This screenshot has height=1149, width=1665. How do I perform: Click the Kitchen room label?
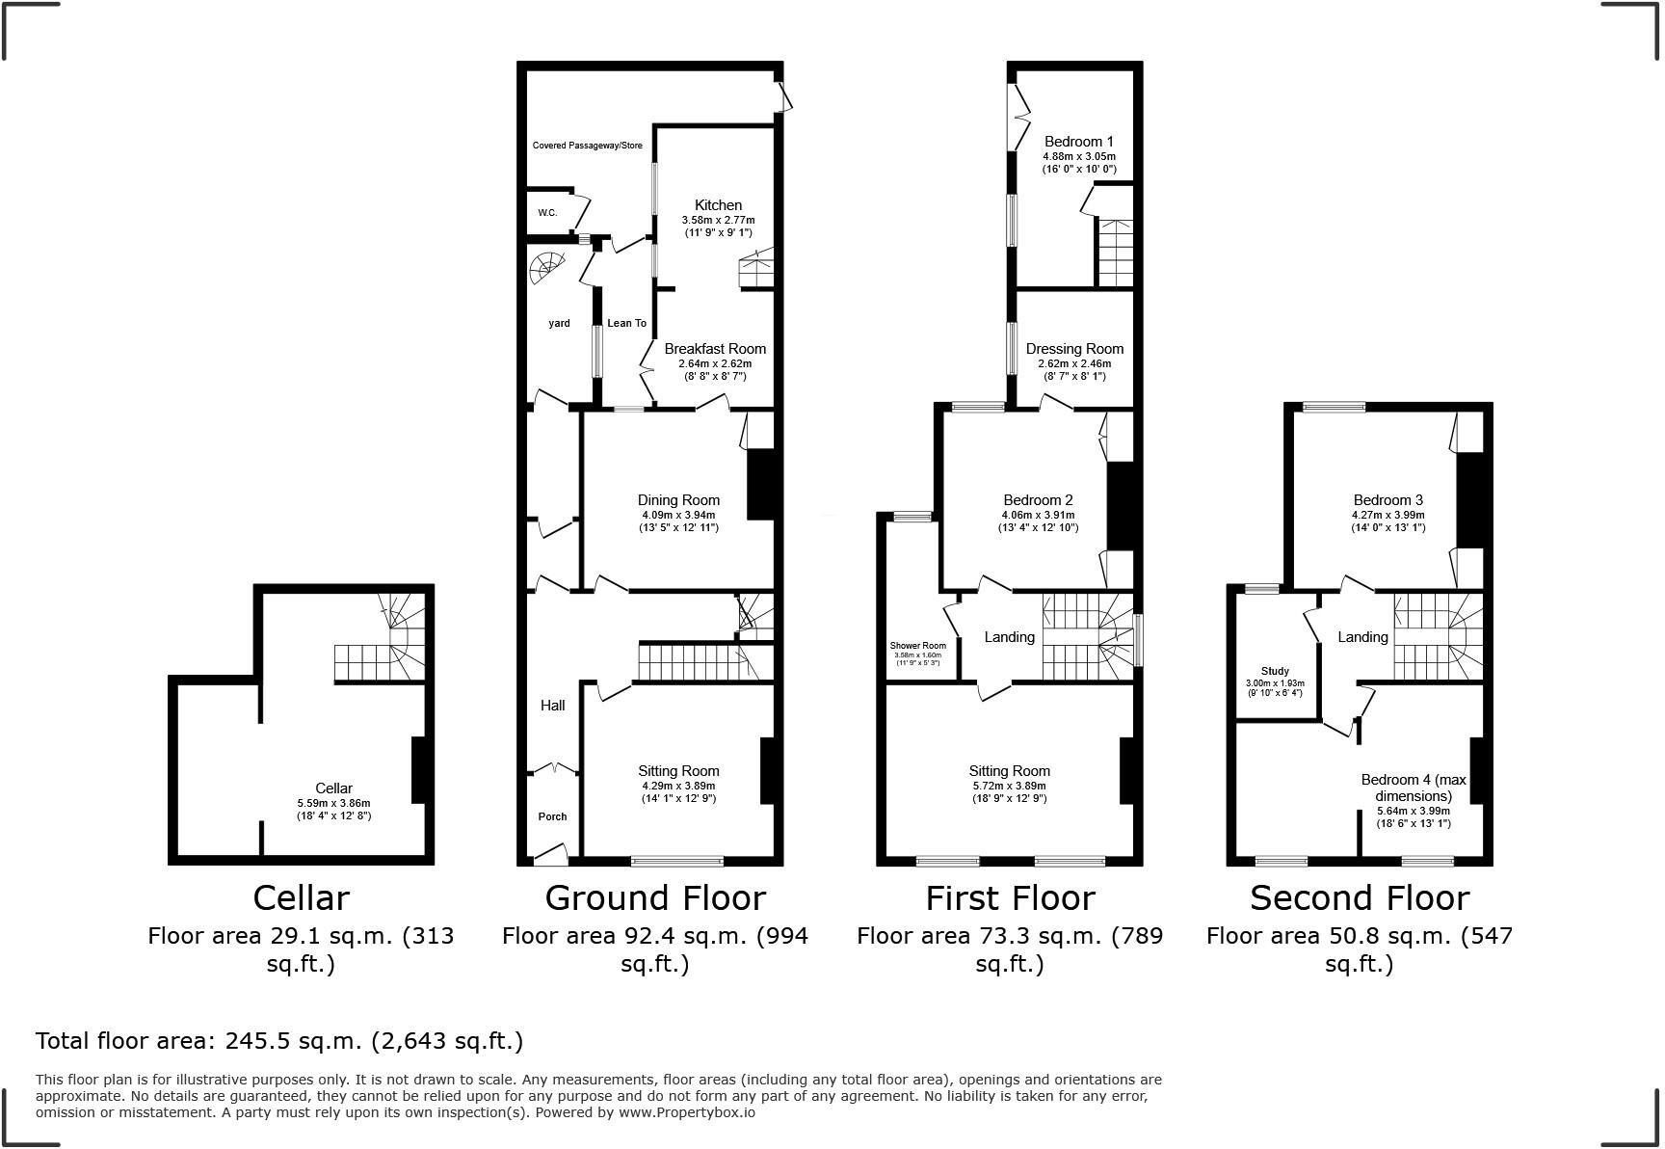(x=718, y=205)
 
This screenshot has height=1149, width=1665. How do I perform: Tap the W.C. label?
(x=547, y=213)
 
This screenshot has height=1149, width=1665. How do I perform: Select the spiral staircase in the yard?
(x=547, y=267)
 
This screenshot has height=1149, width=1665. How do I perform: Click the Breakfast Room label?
(x=715, y=349)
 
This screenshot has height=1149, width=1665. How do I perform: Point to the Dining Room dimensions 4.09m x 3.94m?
(x=678, y=515)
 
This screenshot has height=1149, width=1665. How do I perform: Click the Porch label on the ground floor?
(x=552, y=816)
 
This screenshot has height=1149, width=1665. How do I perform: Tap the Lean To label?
(x=626, y=323)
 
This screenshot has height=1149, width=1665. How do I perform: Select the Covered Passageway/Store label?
(x=587, y=146)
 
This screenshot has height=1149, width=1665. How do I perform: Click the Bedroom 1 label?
(x=1078, y=142)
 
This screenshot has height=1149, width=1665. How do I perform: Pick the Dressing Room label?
(x=1074, y=349)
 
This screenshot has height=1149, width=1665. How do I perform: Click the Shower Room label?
(x=917, y=646)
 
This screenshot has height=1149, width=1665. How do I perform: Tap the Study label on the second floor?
(x=1275, y=671)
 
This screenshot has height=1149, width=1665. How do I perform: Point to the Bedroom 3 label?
(x=1387, y=500)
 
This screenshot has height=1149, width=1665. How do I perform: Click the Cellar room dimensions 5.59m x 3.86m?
(x=333, y=803)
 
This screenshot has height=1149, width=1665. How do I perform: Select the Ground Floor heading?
(x=655, y=898)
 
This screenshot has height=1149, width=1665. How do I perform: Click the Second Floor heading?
(x=1359, y=898)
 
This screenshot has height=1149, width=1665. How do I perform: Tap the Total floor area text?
(x=279, y=1041)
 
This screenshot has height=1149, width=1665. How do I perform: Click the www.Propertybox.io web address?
(x=686, y=1112)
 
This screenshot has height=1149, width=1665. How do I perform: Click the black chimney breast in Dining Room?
(x=761, y=485)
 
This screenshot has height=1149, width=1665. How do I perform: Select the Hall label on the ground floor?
(x=552, y=706)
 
